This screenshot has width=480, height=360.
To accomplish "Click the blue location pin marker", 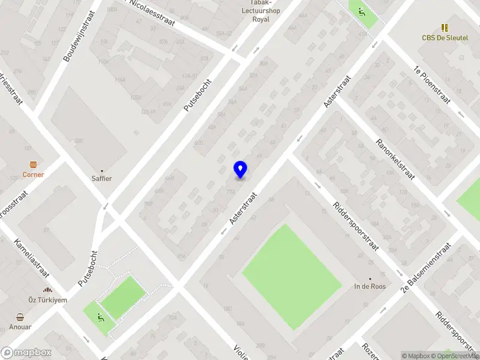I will (240, 169).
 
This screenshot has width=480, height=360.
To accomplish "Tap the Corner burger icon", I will (34, 164).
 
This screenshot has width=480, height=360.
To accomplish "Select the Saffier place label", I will (101, 178).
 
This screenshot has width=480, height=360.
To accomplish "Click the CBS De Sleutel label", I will (445, 37).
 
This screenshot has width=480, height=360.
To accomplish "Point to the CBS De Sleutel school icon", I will (445, 28).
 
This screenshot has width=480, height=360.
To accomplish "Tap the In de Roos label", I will (370, 286).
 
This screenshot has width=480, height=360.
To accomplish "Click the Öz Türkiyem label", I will (47, 299).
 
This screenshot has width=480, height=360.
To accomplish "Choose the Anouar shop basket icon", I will (20, 317).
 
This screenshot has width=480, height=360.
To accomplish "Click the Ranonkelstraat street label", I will (395, 160).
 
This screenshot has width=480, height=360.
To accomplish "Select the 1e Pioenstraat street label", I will (431, 84).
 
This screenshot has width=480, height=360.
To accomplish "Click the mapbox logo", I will (25, 353).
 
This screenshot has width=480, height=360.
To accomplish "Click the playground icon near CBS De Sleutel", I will (361, 11).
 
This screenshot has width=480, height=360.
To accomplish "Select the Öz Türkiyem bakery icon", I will (47, 290).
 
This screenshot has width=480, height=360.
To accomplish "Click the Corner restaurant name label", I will (34, 175).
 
